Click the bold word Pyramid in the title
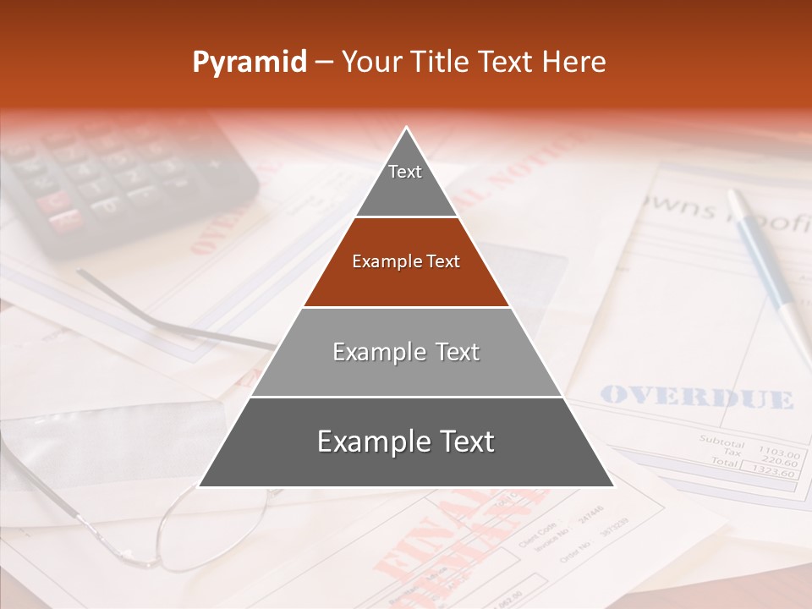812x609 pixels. pos(250,63)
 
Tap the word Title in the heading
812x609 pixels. pos(438,63)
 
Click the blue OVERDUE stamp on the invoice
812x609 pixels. pos(696,397)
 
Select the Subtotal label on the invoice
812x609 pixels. pos(721,442)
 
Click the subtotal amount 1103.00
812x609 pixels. pos(778,453)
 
